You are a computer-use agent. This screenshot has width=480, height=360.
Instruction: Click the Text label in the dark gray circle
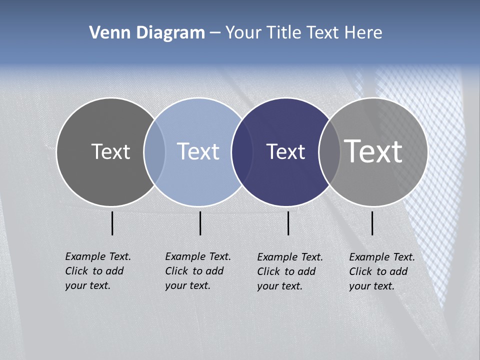110,151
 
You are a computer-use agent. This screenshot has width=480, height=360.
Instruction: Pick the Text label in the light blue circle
198,151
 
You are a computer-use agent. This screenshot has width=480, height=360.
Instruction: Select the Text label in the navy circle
285,151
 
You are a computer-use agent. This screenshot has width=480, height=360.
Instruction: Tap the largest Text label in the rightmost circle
373,151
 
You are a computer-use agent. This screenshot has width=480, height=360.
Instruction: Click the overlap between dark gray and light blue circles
154,152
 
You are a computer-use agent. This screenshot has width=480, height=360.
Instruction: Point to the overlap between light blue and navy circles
242,152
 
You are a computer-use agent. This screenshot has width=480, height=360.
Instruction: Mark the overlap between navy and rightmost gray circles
329,152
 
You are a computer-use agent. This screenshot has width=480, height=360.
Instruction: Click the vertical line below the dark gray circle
112,223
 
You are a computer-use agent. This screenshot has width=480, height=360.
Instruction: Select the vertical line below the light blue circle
200,223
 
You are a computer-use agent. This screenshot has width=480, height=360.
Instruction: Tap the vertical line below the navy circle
288,223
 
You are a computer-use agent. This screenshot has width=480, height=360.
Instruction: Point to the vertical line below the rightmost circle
372,223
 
